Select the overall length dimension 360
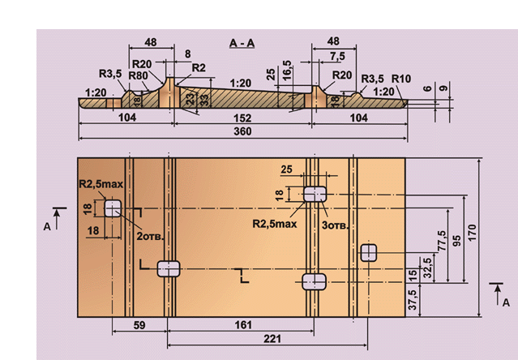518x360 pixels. [x=242, y=131]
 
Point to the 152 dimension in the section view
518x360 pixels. [x=242, y=117]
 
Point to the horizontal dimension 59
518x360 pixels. [x=139, y=325]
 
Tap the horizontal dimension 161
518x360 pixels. [x=240, y=325]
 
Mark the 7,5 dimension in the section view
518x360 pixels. [x=333, y=55]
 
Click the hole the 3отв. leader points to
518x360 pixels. [x=314, y=193]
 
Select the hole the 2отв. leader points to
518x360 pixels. [x=111, y=208]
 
